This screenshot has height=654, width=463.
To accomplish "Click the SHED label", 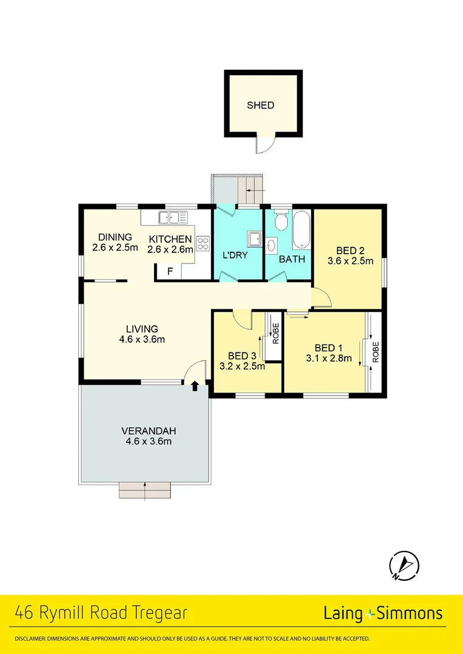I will coord(261,105).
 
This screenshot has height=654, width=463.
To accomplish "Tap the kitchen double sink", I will coord(173,217).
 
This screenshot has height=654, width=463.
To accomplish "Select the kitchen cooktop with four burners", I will coord(202,243).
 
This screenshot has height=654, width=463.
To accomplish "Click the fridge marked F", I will coord(170,272).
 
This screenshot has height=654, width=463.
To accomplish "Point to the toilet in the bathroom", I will coord(281,221).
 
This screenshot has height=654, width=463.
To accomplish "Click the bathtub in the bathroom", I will coord(301,230).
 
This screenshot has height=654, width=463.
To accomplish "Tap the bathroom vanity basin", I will coord(271,245).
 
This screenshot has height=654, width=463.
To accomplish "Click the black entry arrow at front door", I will coord(195,386).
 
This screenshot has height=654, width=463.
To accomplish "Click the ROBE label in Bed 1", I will coord(376,351).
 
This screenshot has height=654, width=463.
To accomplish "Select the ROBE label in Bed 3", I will coord(276,334).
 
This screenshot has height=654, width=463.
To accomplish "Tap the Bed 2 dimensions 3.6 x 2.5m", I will coord(350,262).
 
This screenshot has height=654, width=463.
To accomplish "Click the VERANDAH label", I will coord(148,431).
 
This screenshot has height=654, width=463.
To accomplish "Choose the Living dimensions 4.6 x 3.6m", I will coord(142,339).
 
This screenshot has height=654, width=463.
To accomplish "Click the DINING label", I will coord(115,237).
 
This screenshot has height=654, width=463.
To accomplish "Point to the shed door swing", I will coord(265,144).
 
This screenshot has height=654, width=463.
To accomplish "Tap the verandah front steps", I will coord(145,490).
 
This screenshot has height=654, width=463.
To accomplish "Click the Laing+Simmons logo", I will coord(382,613).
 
